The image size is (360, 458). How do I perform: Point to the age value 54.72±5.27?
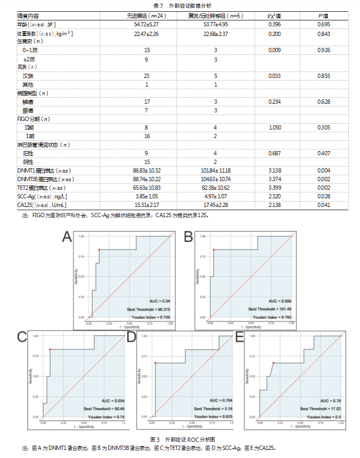146,25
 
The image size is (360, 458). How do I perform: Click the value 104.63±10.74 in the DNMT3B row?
215,179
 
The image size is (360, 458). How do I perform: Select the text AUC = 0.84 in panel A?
159,300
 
